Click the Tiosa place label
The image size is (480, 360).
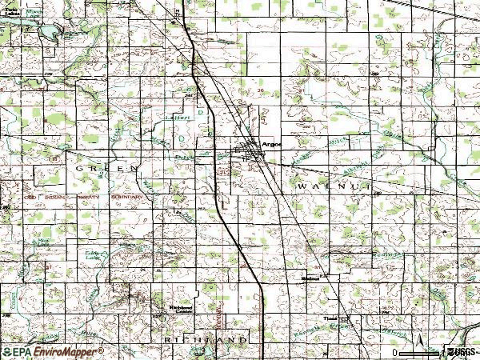[x=330, y=317]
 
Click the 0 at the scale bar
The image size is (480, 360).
[x=395, y=352]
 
